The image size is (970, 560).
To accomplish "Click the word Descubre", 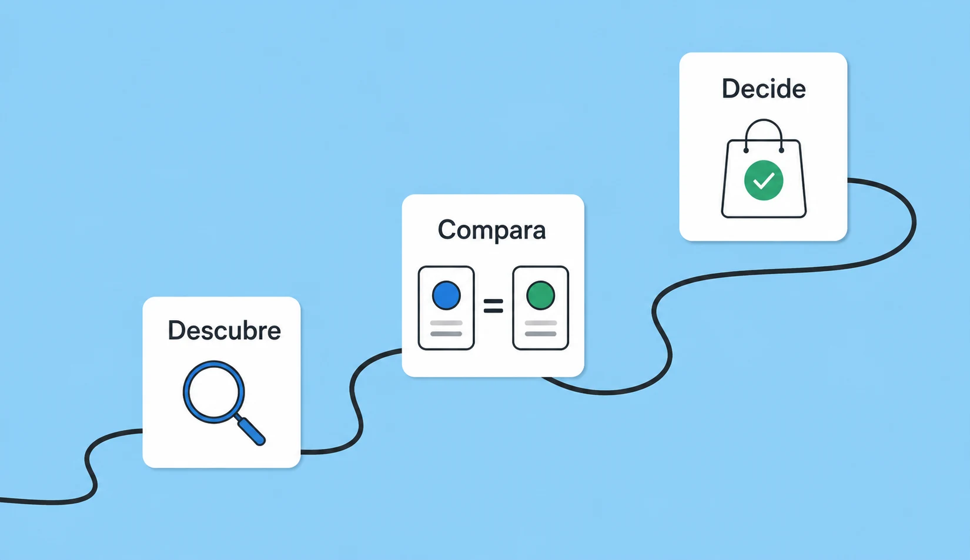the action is click(225, 331).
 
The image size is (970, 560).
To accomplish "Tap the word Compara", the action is click(492, 230).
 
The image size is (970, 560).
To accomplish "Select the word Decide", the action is click(764, 89).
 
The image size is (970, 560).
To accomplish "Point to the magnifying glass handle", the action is click(252, 431).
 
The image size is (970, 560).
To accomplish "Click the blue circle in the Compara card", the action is click(446, 295).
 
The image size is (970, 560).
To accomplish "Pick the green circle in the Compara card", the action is click(540, 295).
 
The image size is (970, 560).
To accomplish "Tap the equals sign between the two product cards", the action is click(493, 306).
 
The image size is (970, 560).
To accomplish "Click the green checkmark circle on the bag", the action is click(764, 180).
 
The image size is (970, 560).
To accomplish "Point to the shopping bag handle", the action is click(764, 120).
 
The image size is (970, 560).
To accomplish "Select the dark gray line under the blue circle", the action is click(446, 334).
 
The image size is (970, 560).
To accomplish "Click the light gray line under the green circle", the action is click(540, 323).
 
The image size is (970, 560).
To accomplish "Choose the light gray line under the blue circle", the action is click(446, 323).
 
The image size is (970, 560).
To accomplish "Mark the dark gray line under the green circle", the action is click(540, 334).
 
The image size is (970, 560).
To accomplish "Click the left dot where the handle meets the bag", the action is click(746, 150).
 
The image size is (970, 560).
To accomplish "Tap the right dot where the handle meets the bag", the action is click(781, 150).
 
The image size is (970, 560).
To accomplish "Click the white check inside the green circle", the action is click(764, 181).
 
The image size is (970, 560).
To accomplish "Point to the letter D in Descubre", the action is click(177, 331).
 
